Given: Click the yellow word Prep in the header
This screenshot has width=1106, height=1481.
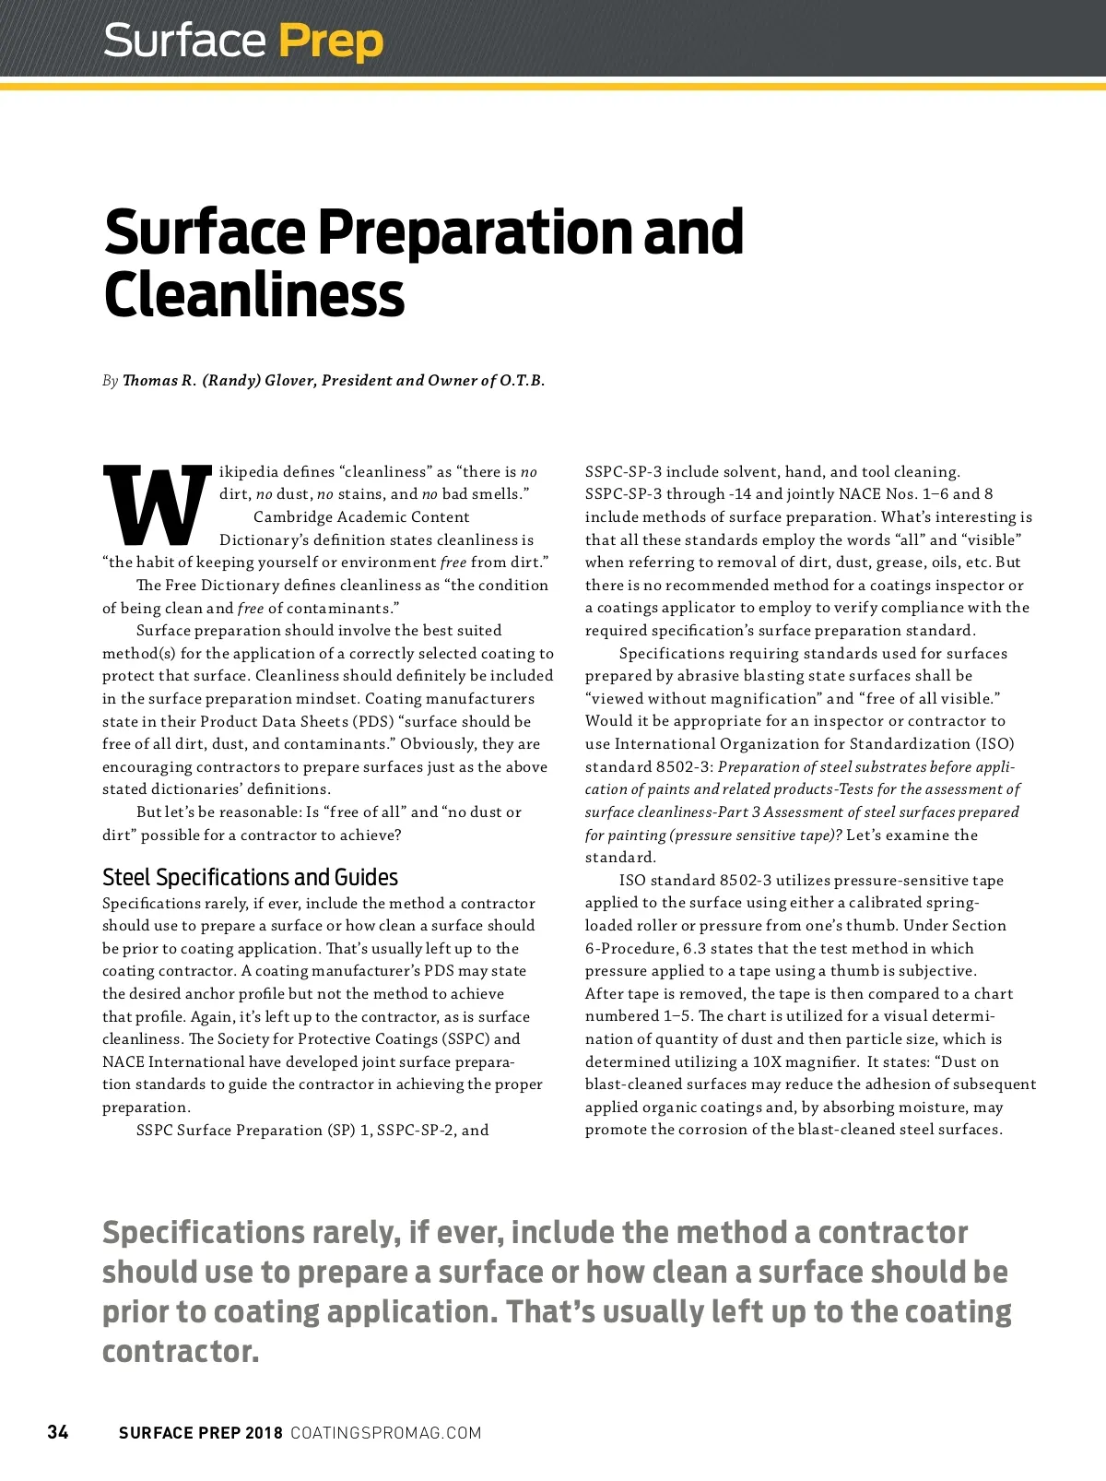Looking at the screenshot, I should click(330, 42).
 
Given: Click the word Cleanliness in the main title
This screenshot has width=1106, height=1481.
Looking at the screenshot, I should click(253, 296).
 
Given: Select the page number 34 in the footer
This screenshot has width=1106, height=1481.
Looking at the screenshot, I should click(58, 1432).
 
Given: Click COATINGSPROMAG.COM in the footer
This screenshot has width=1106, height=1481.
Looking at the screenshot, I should click(385, 1433).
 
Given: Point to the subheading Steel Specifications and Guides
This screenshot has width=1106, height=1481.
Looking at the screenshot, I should click(250, 877).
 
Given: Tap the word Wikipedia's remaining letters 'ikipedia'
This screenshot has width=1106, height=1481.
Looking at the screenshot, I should click(249, 472).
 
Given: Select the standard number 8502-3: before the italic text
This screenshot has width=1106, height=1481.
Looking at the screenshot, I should click(684, 767).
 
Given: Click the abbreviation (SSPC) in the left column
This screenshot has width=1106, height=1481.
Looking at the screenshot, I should click(465, 1039).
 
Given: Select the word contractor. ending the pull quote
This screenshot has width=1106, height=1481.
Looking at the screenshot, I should click(181, 1351).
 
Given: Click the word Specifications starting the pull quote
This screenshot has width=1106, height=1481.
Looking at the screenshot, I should click(203, 1233).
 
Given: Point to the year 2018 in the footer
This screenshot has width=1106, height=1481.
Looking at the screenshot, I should click(264, 1433).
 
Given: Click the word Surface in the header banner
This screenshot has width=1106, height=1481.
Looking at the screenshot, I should click(184, 42).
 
